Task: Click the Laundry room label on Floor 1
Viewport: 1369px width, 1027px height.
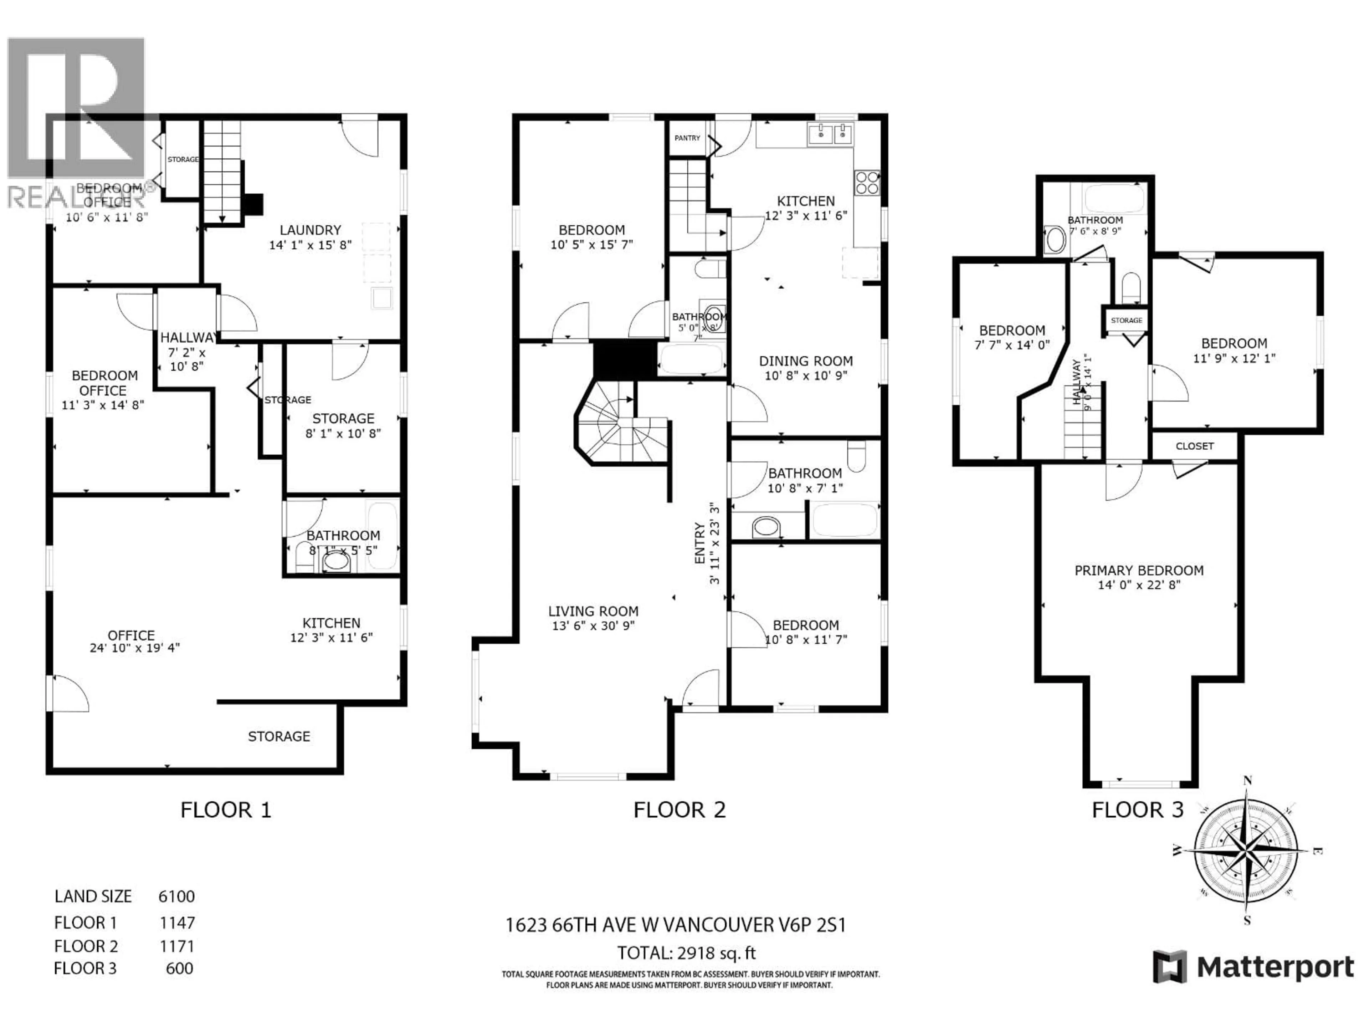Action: tap(310, 230)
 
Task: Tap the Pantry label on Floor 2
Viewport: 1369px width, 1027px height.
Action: tap(687, 138)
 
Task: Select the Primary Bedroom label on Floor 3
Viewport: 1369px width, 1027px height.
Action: tap(1139, 570)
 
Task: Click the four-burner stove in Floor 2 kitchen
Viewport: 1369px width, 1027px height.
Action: tap(866, 183)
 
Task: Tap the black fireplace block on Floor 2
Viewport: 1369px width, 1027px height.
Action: tap(623, 360)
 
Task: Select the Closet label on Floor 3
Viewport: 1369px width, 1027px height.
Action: tap(1194, 446)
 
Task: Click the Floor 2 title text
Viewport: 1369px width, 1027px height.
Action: tap(679, 810)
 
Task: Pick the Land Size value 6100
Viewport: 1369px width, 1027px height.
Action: tap(176, 896)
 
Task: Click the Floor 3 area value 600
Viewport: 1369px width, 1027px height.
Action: tap(179, 968)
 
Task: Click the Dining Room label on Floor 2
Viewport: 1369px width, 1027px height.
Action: tap(805, 361)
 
